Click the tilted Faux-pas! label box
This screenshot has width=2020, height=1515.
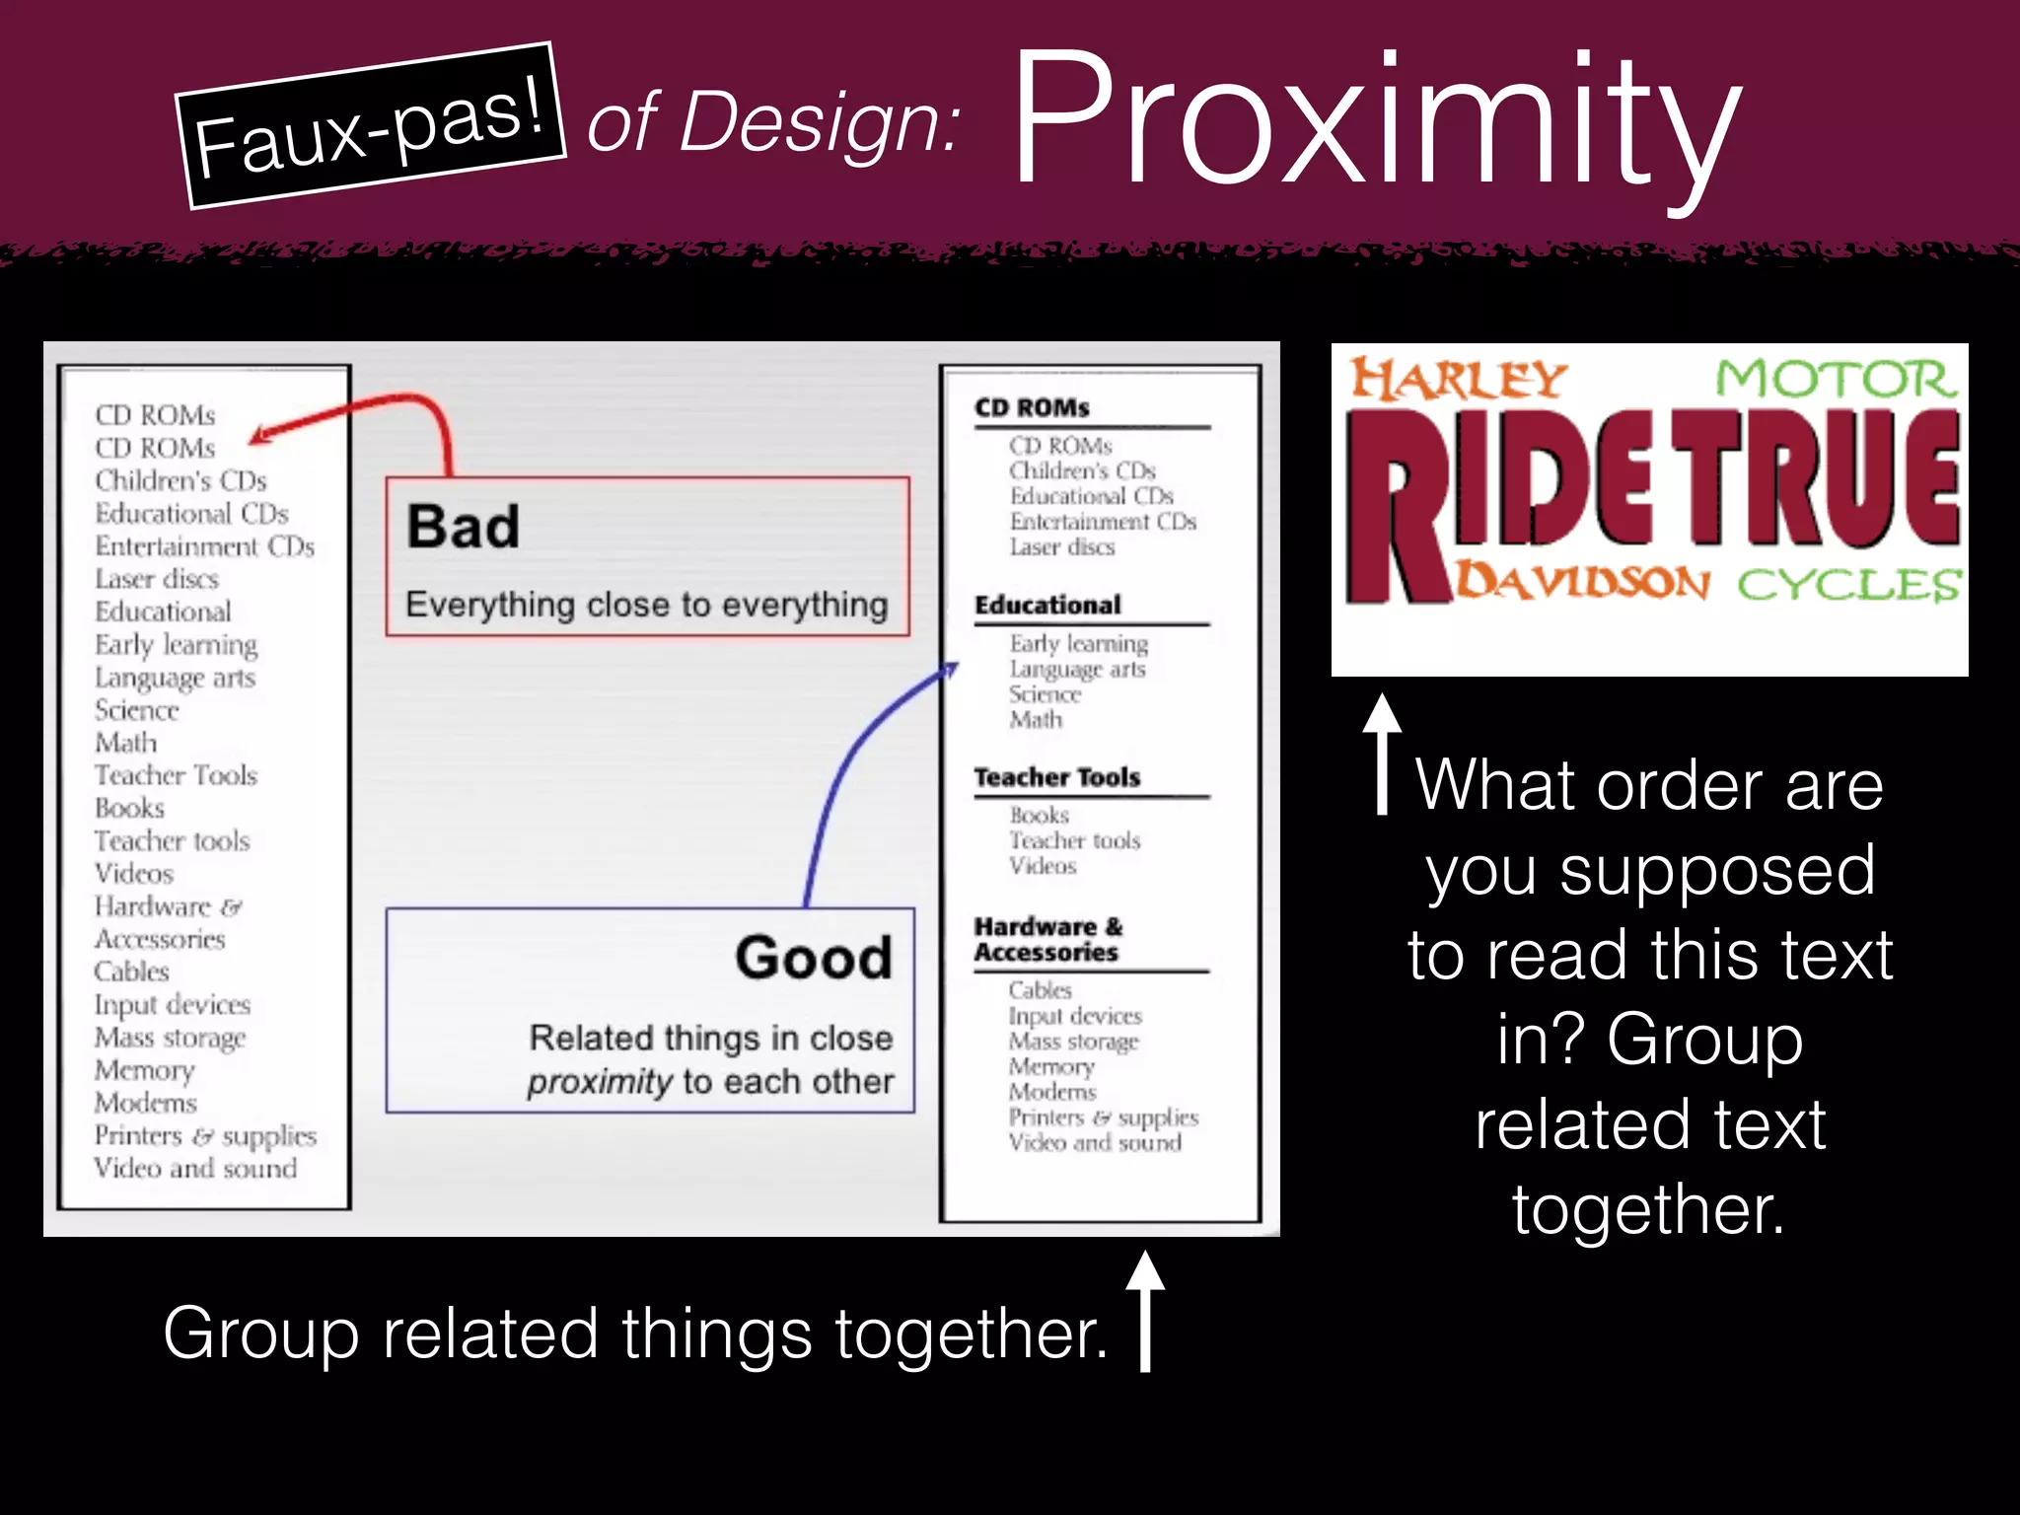coord(370,125)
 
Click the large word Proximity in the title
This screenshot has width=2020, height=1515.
coord(1375,120)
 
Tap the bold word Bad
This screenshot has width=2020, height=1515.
coord(463,526)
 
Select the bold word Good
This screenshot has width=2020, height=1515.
coord(814,957)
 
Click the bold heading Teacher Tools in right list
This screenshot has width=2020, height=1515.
coord(1056,777)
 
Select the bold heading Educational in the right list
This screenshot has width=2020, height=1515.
coord(1047,605)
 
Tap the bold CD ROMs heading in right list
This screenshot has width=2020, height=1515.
coord(1032,407)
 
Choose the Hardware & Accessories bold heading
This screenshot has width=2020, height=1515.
coord(1047,939)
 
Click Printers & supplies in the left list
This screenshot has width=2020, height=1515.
coord(205,1136)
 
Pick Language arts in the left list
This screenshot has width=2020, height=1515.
coord(175,678)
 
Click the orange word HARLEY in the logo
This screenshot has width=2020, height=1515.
coord(1458,380)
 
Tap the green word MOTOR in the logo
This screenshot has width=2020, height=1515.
coord(1835,380)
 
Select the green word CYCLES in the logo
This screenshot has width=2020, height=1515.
coord(1848,584)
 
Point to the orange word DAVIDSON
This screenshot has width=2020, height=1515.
coord(1582,582)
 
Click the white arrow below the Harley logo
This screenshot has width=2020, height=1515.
coord(1382,753)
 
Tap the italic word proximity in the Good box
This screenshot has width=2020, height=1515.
coord(599,1082)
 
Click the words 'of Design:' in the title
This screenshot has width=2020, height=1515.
coord(772,122)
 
